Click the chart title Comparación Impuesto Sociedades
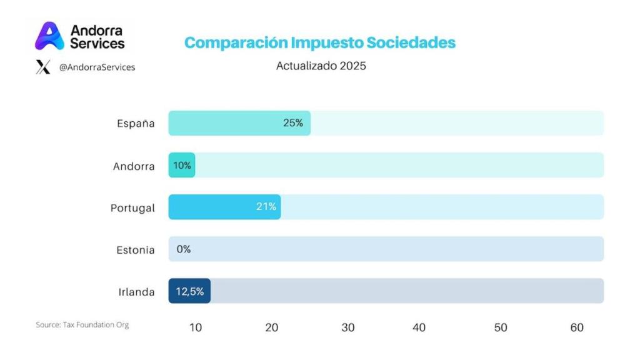[x=320, y=43]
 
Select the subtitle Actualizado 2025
[x=321, y=66]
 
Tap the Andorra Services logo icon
[x=49, y=36]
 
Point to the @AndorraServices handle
[x=97, y=67]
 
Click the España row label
[x=136, y=123]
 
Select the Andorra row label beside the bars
[x=134, y=166]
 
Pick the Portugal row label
[x=132, y=207]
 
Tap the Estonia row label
[x=135, y=250]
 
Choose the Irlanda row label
[x=136, y=292]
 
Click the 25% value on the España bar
[x=292, y=123]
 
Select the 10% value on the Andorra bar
[x=182, y=166]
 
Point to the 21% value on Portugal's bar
[x=266, y=207]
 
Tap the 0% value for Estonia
[x=183, y=249]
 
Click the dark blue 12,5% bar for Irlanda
[x=189, y=291]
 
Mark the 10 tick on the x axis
[x=195, y=327]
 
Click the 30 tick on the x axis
[x=348, y=327]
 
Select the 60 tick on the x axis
[x=577, y=327]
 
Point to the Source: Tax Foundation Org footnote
[x=82, y=325]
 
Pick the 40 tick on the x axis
[x=419, y=327]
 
